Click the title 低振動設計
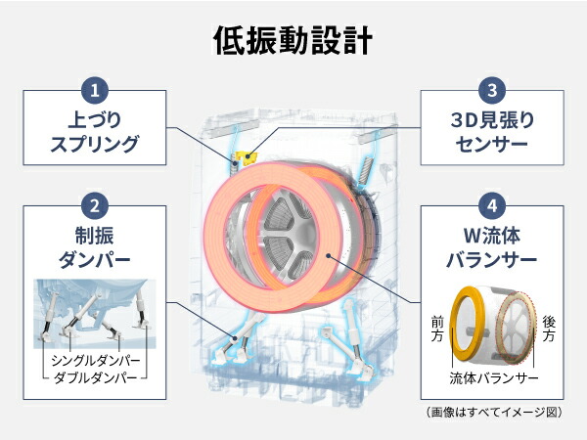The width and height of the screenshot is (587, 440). coord(293,40)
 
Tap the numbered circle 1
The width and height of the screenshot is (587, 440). coord(95,90)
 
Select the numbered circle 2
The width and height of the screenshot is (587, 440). coord(95,205)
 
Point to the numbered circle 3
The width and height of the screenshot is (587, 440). coord(492,90)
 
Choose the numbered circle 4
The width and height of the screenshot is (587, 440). coord(492,205)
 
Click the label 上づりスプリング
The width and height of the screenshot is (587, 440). coord(95,132)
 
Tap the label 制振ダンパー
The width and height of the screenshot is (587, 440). coord(95,247)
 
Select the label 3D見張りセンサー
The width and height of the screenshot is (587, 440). coord(492,132)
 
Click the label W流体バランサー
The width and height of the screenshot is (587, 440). coord(492,247)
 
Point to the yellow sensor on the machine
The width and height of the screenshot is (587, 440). coord(248,157)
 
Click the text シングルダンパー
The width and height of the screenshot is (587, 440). coord(96,361)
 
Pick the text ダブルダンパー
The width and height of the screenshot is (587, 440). coord(96,377)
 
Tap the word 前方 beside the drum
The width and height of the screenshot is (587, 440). coord(437,329)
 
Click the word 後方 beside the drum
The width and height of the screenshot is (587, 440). coord(549,329)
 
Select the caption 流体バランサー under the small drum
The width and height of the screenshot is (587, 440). coord(494,378)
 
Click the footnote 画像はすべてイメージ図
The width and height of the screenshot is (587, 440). coord(494,413)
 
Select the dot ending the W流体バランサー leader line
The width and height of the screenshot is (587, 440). coord(329,256)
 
